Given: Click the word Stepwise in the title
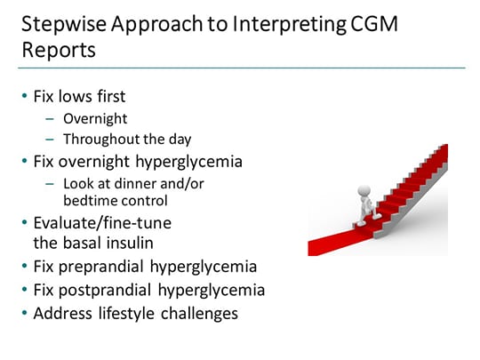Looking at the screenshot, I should (x=59, y=24).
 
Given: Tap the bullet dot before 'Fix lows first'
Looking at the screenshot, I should (x=24, y=97).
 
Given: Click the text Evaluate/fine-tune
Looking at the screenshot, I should (x=101, y=221).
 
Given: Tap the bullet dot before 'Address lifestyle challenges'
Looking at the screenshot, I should (x=24, y=313).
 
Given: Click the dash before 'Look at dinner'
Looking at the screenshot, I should (x=51, y=181).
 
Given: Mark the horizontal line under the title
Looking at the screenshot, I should (x=240, y=68).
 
